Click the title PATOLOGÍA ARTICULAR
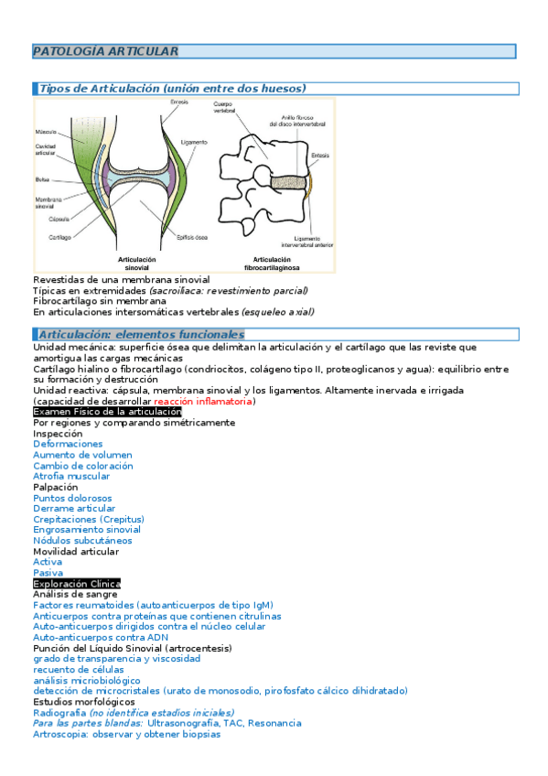click(105, 52)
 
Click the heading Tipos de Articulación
click(172, 89)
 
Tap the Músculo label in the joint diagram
click(46, 132)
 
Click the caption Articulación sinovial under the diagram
click(137, 264)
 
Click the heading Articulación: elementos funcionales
click(141, 335)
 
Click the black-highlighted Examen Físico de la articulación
click(107, 412)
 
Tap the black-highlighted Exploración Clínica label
click(76, 584)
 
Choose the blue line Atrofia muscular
click(71, 476)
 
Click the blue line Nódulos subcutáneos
click(82, 541)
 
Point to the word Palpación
click(56, 487)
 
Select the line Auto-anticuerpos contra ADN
click(93, 637)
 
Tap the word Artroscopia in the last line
click(59, 734)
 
